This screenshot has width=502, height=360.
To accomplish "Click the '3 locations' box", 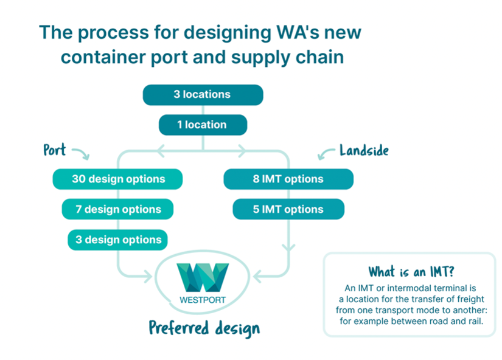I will (203, 95).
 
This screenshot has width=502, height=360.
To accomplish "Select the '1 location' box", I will (203, 125).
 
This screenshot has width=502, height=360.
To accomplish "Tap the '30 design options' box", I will (117, 179).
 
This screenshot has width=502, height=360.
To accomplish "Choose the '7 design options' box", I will (117, 209).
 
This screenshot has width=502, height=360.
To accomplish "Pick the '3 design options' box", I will (117, 240).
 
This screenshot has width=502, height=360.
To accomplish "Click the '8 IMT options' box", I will (288, 179).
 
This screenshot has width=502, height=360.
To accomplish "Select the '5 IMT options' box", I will (288, 209).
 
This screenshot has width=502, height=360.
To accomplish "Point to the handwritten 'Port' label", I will (55, 150).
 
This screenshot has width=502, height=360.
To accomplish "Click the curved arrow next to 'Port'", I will (81, 153).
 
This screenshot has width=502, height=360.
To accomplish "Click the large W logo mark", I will (202, 277).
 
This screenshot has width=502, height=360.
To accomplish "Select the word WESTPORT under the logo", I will (202, 299).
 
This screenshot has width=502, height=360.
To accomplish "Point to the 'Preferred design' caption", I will (204, 328).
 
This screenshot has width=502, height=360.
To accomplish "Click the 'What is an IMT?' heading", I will (409, 272).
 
